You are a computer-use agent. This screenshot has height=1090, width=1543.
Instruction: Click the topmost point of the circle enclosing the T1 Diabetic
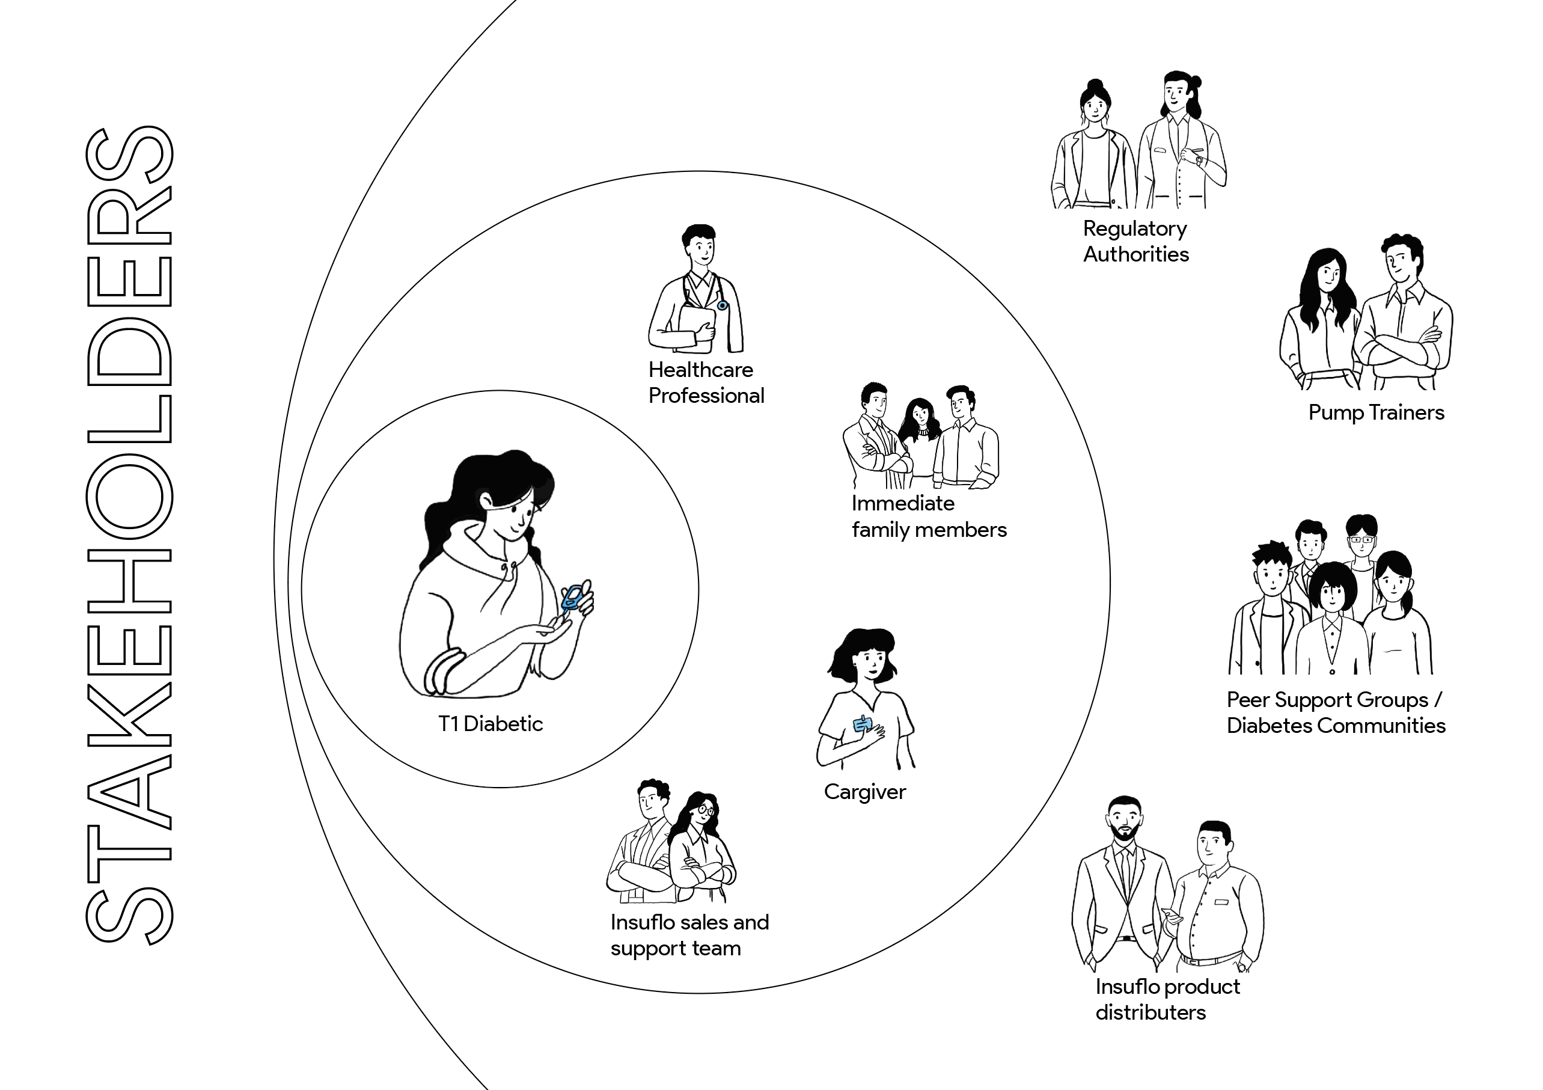500,390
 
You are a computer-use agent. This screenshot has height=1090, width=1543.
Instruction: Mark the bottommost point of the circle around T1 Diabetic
500,788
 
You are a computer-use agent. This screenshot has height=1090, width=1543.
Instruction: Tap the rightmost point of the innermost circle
699,589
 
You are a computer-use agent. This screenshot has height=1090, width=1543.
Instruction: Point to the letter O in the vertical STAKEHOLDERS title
130,497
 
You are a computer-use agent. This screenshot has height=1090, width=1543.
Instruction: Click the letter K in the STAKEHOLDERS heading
130,715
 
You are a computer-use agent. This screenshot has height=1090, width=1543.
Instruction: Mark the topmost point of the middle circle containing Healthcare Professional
699,171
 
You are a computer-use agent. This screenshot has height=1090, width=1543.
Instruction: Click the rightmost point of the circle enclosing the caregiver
1110,583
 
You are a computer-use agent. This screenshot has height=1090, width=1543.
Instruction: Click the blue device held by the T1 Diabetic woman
573,596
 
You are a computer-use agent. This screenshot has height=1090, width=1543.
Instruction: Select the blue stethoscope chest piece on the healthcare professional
723,305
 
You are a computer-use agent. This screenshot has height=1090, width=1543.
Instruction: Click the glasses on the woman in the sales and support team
706,810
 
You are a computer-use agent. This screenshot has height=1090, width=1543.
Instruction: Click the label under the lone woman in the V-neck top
865,792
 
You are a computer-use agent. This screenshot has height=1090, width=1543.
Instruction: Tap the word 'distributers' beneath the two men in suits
1150,1012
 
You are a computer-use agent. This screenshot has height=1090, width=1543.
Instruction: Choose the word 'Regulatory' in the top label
1135,230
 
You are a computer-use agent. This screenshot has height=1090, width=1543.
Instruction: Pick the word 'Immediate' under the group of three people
903,503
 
